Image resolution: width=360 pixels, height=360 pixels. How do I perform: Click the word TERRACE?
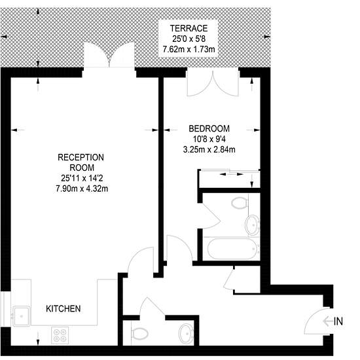coord(189,28)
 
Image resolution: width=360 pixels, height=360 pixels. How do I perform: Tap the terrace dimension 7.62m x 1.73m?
coord(189,49)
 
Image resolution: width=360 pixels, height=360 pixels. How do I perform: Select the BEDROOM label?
coord(209,128)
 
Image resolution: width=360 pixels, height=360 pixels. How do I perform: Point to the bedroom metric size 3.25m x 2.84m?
coord(209,150)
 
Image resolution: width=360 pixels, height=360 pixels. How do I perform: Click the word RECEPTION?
coord(81,158)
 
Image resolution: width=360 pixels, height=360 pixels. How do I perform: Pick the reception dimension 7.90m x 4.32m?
coord(82,189)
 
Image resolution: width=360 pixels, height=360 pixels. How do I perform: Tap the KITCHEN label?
coord(63,309)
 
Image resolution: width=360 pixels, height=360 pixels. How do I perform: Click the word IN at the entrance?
coord(338,321)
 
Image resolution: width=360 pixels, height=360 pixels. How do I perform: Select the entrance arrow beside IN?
coord(328,321)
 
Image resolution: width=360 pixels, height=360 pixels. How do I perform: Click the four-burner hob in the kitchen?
coord(60,335)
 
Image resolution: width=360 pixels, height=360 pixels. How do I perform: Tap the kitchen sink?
coord(22,316)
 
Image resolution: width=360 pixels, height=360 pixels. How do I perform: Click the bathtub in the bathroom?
coord(232,249)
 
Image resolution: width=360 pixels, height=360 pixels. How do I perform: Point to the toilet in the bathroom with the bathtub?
coord(239,203)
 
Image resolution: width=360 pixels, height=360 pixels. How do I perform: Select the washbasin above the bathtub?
coord(252,225)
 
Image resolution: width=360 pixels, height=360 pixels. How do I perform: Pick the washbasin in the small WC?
coord(186,334)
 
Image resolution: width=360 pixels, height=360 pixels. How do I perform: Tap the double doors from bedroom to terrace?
coord(213,84)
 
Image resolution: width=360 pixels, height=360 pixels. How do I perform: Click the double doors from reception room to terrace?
coord(109,55)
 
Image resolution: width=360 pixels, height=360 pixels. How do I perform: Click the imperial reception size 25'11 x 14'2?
coord(82,178)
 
